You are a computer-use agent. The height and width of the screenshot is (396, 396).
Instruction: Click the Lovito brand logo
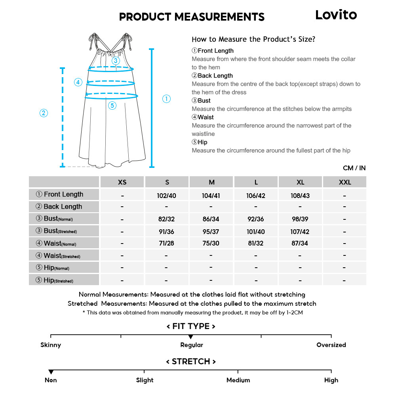tap(336, 15)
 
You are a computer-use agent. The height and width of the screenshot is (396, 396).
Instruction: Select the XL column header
tap(300, 182)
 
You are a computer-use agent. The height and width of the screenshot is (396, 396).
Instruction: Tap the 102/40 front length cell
tap(167, 196)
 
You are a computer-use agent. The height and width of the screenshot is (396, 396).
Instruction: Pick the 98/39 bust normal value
tap(300, 219)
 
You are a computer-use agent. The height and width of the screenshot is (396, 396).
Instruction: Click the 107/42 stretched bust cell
tap(300, 231)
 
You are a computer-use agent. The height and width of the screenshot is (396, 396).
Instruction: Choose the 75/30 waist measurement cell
tap(211, 243)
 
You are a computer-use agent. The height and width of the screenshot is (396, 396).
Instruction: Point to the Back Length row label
tap(63, 206)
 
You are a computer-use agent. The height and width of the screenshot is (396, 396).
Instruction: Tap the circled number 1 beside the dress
tap(167, 99)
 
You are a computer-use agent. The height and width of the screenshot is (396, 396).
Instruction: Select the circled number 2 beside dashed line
tap(44, 113)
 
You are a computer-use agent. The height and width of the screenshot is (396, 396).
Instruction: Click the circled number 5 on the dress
tap(112, 105)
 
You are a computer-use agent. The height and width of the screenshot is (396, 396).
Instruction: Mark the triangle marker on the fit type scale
tap(190, 337)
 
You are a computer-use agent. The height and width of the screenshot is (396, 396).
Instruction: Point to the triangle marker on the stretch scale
tap(51, 372)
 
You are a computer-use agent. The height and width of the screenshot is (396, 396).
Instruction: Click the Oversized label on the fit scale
tap(331, 345)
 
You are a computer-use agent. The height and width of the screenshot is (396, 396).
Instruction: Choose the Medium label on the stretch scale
tap(238, 380)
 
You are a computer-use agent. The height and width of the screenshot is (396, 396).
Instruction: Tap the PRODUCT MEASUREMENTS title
tap(192, 17)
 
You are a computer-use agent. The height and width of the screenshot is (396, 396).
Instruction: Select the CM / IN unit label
tap(354, 168)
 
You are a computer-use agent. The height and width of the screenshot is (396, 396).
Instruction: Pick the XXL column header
tap(345, 182)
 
